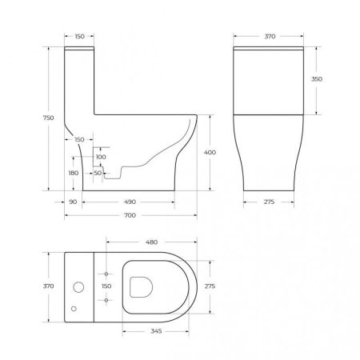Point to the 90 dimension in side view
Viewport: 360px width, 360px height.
tap(72, 202)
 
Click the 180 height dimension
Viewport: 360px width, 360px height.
tap(74, 172)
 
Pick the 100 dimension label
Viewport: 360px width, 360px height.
tap(101, 157)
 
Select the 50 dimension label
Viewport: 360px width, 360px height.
tap(98, 172)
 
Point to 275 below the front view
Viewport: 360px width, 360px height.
tap(268, 202)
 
